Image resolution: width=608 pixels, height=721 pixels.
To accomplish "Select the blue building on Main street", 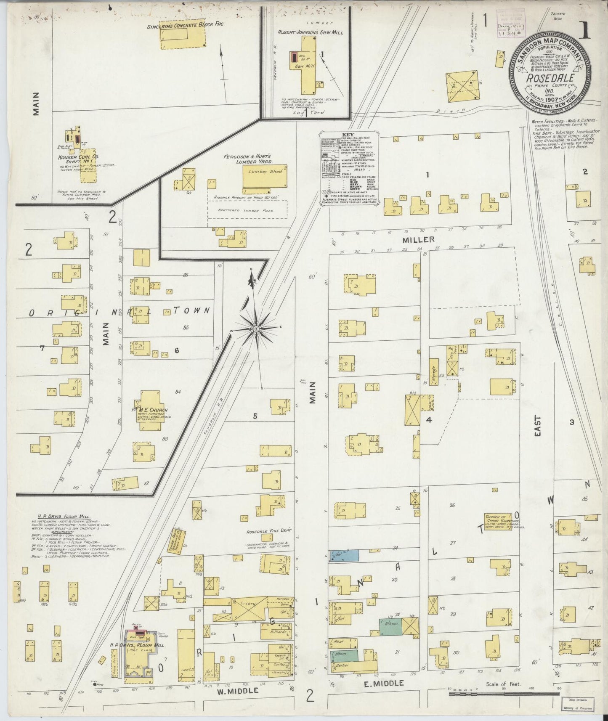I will click(x=344, y=555).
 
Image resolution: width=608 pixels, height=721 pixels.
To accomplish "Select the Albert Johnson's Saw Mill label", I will click(x=311, y=32).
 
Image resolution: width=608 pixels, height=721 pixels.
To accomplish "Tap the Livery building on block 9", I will click(x=248, y=604).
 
